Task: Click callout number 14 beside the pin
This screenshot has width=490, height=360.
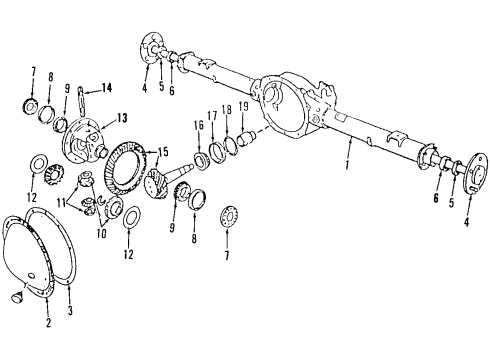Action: click(108, 88)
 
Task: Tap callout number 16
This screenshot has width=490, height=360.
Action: click(199, 128)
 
